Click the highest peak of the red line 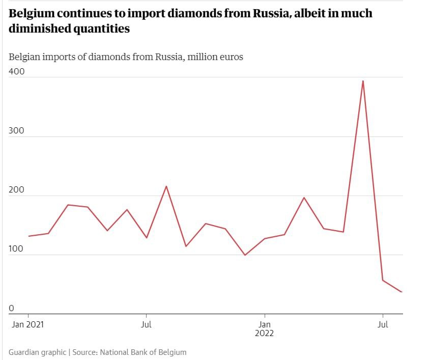362,80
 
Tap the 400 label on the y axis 16,72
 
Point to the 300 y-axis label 16,131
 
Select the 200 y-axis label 16,190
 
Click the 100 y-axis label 16,249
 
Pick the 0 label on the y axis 11,308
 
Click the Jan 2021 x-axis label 27,324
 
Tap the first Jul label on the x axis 147,324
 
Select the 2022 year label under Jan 265,334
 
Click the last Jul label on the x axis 383,324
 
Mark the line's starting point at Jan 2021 28,236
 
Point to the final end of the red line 402,292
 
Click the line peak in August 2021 166,186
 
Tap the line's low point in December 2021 245,255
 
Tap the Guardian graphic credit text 37,352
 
